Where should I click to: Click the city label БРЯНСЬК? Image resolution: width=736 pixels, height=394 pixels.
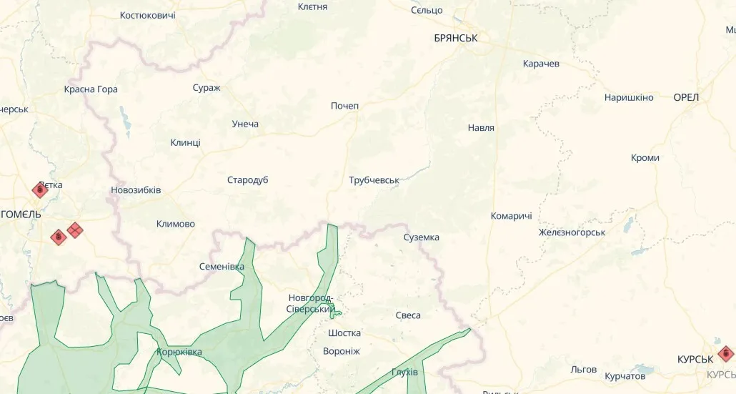tap(455, 38)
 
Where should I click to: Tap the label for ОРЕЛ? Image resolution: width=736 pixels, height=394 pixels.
tap(686, 97)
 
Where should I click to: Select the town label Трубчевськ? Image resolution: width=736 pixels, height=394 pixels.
tap(374, 180)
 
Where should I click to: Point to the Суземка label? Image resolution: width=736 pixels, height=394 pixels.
tap(421, 237)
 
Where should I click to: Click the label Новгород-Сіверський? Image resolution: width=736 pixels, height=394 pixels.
tap(311, 303)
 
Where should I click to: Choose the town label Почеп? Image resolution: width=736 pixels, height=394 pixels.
tap(344, 106)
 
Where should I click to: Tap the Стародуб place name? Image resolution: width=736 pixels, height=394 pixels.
tap(247, 180)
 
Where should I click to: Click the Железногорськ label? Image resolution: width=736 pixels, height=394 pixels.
tap(572, 232)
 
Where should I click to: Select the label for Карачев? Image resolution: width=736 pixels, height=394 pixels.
tap(541, 64)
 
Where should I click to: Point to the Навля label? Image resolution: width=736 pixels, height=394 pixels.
tap(481, 128)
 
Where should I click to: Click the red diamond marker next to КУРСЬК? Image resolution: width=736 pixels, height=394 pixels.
tap(726, 353)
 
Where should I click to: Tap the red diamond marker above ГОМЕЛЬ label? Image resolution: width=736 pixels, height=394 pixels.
tap(40, 189)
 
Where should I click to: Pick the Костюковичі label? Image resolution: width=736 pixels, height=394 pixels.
tap(147, 15)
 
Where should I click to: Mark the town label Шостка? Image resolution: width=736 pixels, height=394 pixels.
tap(344, 333)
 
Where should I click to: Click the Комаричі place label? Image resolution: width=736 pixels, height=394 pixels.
tap(511, 216)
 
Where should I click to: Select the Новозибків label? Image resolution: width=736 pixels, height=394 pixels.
tap(136, 190)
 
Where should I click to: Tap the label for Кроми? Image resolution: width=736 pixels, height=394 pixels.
tap(645, 158)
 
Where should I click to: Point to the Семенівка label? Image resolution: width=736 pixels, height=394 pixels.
tap(221, 267)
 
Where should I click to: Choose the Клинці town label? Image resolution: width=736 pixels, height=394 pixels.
tap(185, 142)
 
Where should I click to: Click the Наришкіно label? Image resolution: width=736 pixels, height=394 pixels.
tap(629, 97)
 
